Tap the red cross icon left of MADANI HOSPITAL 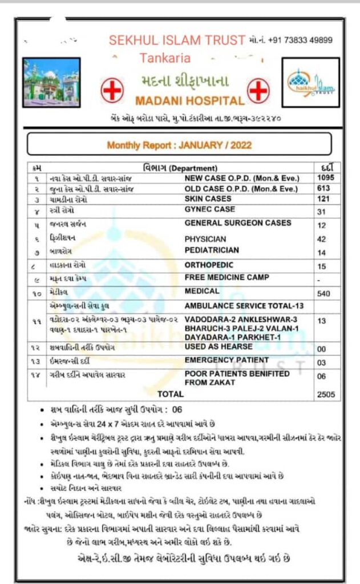click(x=112, y=90)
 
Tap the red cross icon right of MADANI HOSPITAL click(x=258, y=90)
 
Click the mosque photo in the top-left click(x=51, y=79)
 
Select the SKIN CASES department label click(x=208, y=198)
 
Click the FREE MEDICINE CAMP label click(x=228, y=277)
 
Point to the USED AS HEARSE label click(x=218, y=347)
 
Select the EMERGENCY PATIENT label click(x=226, y=360)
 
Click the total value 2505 click(x=326, y=394)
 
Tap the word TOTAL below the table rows click(x=171, y=394)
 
